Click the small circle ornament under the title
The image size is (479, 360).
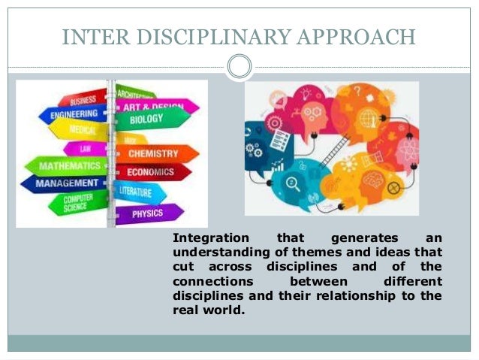pos(239,67)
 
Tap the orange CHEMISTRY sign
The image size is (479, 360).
pos(153,154)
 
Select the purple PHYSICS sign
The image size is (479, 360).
pos(148,213)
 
